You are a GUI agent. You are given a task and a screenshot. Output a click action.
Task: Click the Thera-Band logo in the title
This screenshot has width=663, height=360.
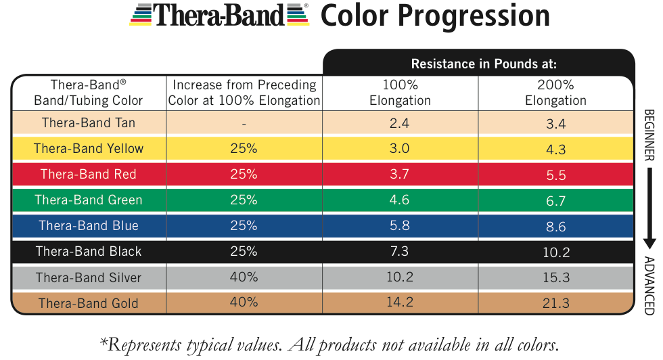[220, 15]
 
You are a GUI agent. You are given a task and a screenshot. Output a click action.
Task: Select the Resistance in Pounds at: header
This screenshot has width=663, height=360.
[484, 64]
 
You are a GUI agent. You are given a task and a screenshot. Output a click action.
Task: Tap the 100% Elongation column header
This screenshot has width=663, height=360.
[400, 93]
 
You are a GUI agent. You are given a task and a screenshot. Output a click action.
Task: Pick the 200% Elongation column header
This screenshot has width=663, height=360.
[555, 93]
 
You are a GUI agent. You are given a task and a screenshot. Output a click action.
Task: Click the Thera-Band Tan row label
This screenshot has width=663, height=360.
[89, 122]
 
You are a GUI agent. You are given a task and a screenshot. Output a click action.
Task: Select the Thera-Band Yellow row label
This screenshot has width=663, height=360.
[89, 148]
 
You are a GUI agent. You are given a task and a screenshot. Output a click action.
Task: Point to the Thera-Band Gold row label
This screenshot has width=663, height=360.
[89, 303]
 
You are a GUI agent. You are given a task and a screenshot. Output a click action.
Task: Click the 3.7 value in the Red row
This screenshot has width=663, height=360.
[400, 174]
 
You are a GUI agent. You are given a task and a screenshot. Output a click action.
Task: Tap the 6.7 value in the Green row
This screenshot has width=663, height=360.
[555, 200]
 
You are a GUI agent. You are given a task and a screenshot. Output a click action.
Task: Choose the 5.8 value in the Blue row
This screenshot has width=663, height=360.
[400, 226]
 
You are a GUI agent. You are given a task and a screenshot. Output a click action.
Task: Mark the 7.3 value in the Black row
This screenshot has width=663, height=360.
[400, 252]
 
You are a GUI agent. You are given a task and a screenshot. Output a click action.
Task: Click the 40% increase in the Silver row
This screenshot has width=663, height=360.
[244, 277]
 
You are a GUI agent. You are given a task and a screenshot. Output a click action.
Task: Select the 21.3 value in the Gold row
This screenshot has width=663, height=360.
[555, 304]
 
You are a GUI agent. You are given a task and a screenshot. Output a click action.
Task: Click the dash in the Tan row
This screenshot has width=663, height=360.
[244, 124]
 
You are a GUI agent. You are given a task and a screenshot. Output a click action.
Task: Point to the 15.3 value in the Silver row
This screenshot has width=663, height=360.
[555, 278]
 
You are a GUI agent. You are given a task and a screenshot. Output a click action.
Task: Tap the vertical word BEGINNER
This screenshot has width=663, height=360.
[648, 135]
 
